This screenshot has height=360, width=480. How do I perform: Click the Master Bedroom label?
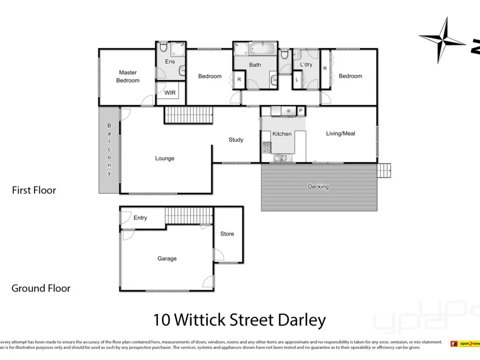click(x=128, y=77)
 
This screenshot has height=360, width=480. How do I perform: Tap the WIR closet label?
click(x=170, y=93)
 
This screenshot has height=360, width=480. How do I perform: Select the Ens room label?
click(x=170, y=61)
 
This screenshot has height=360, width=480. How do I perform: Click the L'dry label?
click(x=306, y=64)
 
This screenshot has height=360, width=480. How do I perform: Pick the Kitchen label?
click(x=282, y=134)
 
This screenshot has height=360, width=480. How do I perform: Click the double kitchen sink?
click(x=281, y=158)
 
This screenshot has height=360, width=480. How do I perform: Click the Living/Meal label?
click(x=340, y=133)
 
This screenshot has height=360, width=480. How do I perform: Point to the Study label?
click(x=236, y=140)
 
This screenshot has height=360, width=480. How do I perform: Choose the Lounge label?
click(x=165, y=158)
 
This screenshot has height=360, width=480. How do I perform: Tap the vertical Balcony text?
click(x=109, y=149)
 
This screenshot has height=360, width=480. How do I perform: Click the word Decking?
click(x=318, y=187)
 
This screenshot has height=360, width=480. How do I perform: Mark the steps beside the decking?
click(x=384, y=170)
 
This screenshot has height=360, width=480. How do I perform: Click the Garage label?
click(x=167, y=259)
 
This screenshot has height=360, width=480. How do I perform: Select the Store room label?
click(x=227, y=234)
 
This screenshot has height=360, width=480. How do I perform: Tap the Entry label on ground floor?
click(x=140, y=218)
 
